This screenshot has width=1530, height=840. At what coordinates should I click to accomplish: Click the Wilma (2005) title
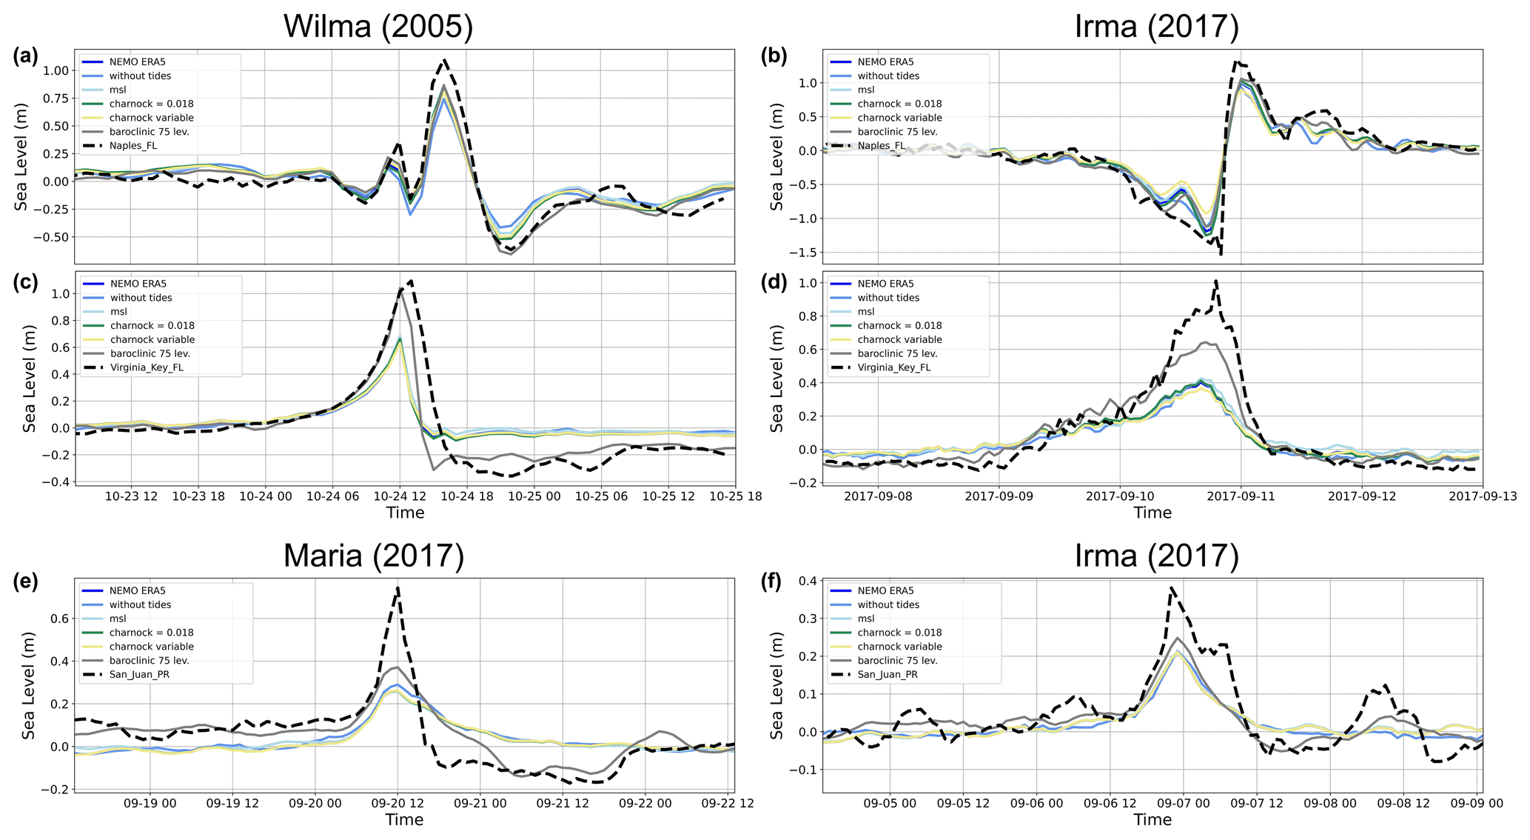(x=378, y=27)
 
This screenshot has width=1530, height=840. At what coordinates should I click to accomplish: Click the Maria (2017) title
(x=374, y=556)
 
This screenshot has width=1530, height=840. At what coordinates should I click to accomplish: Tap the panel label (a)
(x=26, y=56)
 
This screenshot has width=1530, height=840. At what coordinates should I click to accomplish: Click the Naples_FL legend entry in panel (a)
(x=133, y=146)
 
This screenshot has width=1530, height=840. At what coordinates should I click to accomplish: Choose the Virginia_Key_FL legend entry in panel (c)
(x=147, y=367)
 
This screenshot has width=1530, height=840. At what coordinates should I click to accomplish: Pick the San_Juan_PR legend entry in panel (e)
(x=140, y=675)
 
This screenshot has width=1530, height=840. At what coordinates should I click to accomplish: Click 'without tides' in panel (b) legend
(x=888, y=76)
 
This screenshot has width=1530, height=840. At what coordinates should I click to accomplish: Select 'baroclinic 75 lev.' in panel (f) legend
(x=898, y=661)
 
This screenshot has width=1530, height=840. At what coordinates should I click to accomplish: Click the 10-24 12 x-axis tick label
(x=400, y=496)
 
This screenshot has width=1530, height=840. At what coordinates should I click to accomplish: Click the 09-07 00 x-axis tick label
(x=1183, y=803)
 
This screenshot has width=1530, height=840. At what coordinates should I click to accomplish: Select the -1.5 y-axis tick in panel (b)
(x=802, y=253)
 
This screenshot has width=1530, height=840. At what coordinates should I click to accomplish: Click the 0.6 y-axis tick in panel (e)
(x=58, y=619)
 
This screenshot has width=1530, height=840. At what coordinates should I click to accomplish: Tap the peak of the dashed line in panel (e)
(x=398, y=588)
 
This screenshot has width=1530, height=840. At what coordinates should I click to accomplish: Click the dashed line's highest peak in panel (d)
(x=1216, y=281)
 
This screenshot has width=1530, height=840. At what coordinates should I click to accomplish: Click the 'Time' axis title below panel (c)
(x=405, y=513)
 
